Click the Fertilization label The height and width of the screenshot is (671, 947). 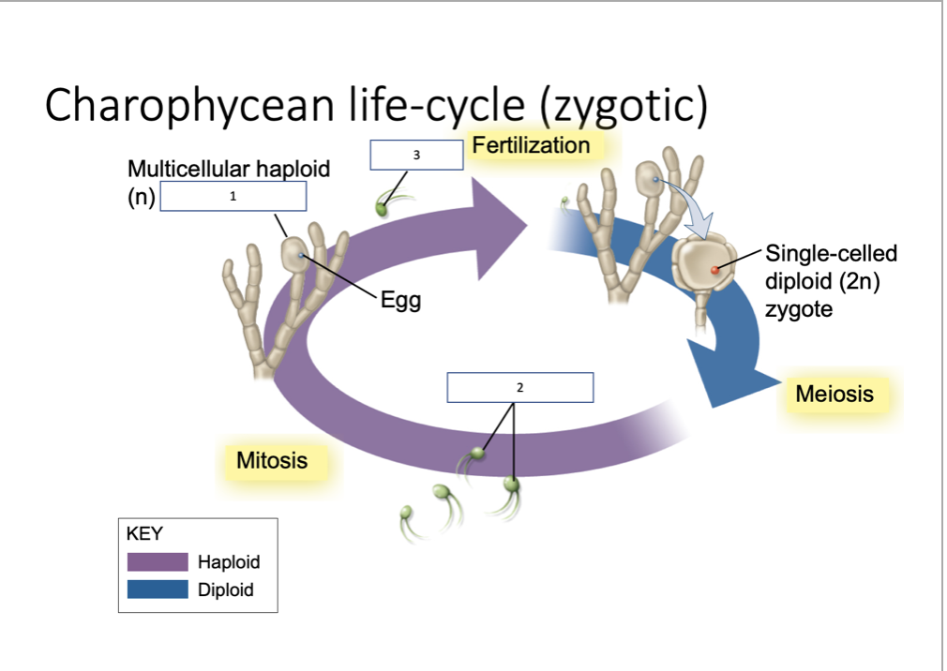[531, 145]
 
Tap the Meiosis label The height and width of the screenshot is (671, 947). [834, 394]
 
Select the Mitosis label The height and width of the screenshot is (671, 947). [271, 460]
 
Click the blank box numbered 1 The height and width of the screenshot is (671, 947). [233, 197]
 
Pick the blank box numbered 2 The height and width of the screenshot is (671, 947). [519, 387]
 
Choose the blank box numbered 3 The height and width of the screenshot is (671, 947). [416, 155]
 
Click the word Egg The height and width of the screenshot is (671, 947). [400, 301]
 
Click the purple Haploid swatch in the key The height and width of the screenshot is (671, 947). [158, 562]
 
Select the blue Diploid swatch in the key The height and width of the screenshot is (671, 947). [158, 589]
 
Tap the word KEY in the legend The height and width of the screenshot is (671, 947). [143, 534]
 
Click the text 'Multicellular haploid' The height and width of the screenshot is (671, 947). [229, 170]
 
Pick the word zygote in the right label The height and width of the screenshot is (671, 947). [798, 309]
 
